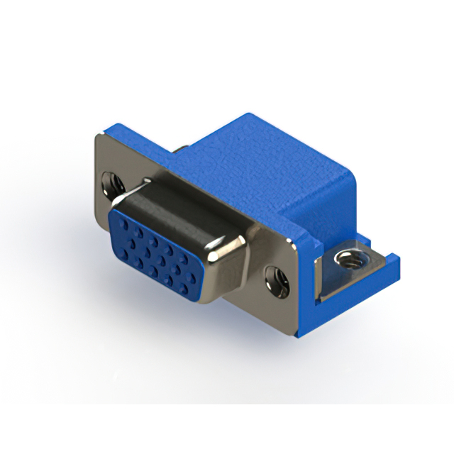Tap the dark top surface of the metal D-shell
(x=177, y=206)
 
